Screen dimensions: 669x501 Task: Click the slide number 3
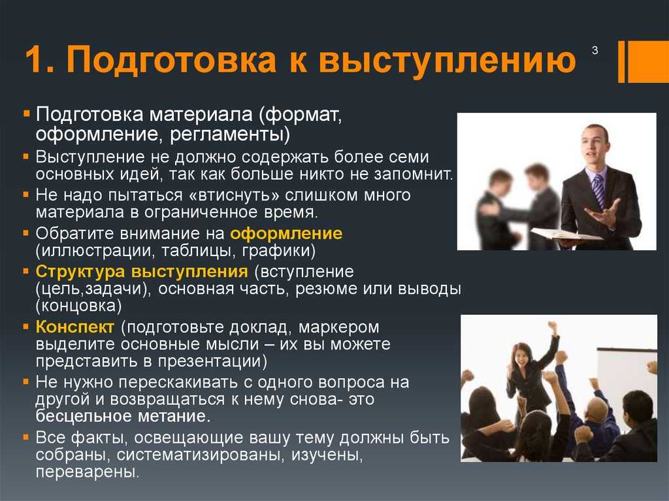(x=595, y=50)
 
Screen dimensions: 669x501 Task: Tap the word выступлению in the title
(x=448, y=60)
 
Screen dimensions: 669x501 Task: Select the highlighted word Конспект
(x=75, y=327)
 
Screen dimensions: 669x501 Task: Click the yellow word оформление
(x=286, y=234)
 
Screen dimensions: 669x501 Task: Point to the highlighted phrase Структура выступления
(x=142, y=272)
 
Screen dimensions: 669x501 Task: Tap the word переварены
(x=88, y=472)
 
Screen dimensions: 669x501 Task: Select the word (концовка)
(x=79, y=306)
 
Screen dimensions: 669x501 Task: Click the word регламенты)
(x=230, y=135)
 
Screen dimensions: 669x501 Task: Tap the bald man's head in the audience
(x=597, y=408)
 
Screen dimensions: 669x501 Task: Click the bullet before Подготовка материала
(x=27, y=114)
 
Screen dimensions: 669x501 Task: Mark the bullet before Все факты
(x=26, y=438)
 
